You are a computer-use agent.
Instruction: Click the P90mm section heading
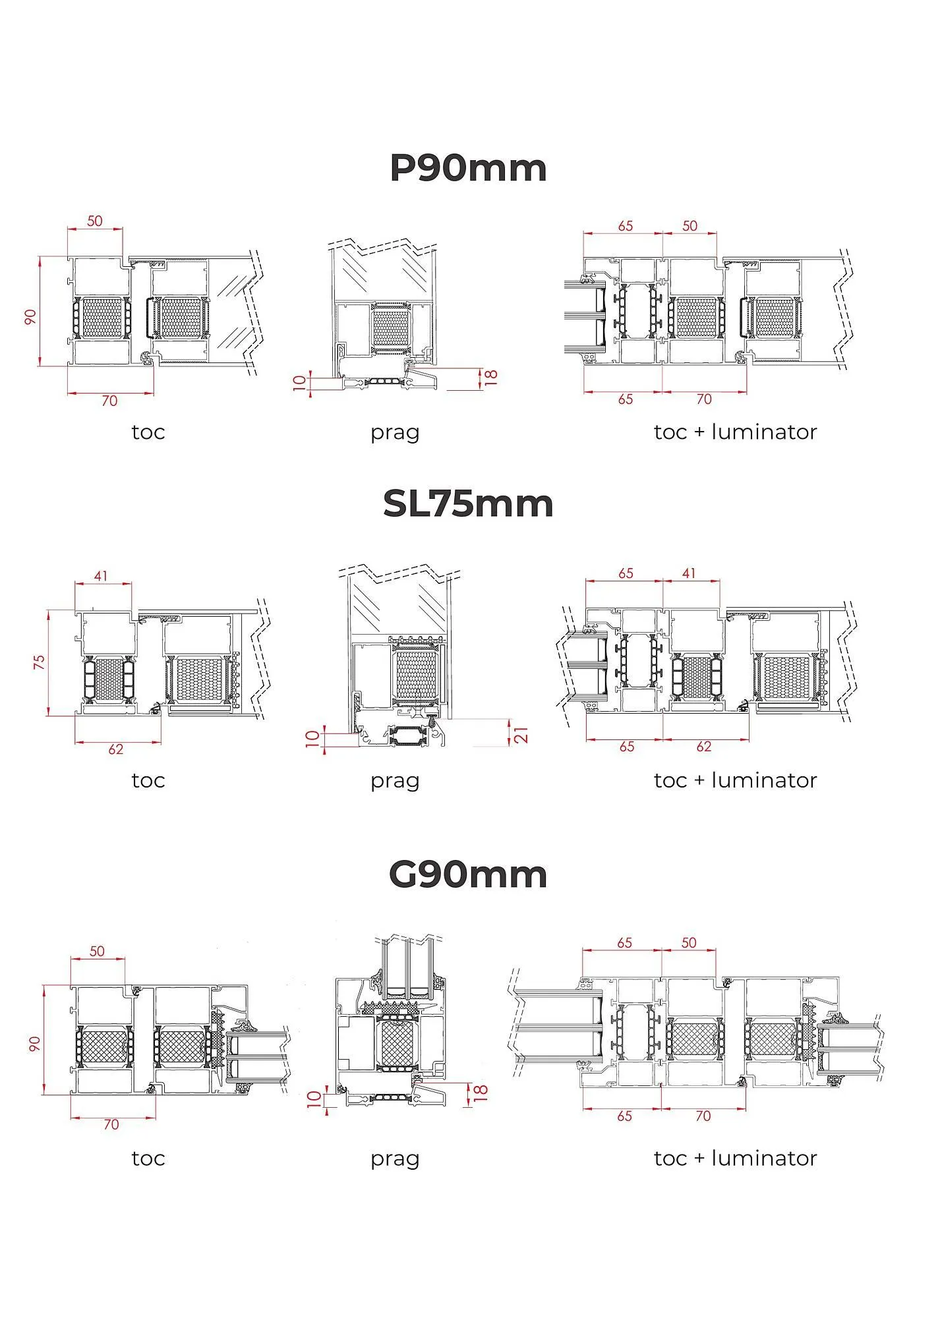click(x=469, y=168)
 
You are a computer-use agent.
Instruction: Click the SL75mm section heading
click(x=468, y=504)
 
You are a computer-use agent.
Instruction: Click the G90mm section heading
click(x=468, y=874)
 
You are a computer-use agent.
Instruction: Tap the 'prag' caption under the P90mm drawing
click(x=395, y=433)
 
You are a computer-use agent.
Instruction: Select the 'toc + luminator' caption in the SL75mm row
click(x=736, y=780)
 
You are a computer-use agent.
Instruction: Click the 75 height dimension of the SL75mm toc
click(x=39, y=662)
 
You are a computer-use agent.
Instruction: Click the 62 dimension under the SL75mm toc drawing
click(x=115, y=749)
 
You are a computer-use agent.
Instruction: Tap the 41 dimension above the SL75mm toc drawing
click(x=100, y=576)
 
